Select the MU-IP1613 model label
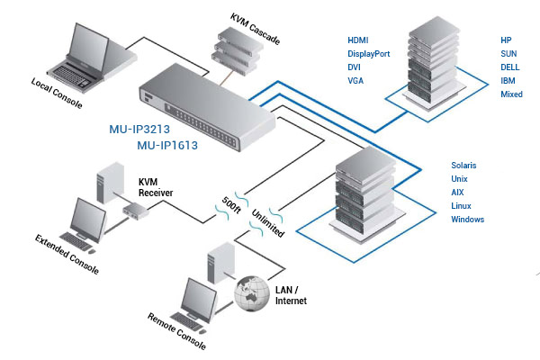coord(167,144)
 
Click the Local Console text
coord(57,94)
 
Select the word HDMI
coord(359,40)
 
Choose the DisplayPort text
coord(369,54)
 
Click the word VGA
coord(356,81)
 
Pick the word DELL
coord(510,67)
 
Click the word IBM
coord(508,81)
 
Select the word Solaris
coord(464,166)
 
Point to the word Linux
coord(462,206)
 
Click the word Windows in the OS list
coord(468,220)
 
